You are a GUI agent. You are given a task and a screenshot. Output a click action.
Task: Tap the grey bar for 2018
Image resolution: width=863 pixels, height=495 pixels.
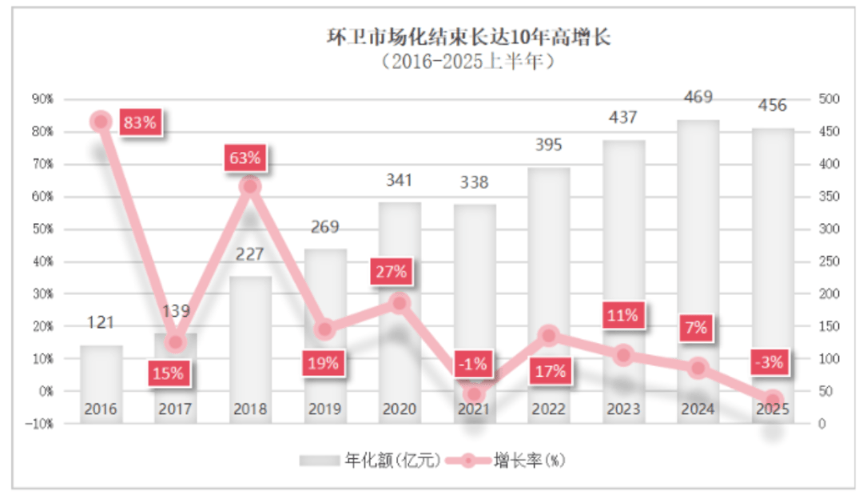click(250, 336)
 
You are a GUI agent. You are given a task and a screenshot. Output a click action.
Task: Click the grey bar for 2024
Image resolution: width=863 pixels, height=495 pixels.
click(698, 240)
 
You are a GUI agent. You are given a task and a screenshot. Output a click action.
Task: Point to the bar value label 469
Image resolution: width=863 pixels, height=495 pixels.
click(698, 98)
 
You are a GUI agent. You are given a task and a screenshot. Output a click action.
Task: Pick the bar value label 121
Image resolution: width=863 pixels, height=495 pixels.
click(101, 323)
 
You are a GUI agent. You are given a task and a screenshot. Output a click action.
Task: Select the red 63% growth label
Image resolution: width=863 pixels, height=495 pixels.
click(245, 158)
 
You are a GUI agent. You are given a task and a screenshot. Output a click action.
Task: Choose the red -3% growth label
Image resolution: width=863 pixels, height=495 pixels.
click(769, 362)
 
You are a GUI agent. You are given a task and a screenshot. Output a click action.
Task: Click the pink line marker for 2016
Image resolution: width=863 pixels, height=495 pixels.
click(101, 122)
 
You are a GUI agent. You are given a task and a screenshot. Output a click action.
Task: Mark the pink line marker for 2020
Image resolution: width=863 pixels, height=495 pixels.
click(400, 302)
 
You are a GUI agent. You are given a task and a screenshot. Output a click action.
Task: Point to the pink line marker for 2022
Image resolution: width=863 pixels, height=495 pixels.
click(548, 335)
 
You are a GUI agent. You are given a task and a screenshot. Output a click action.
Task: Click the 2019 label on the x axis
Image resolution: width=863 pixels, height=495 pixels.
click(324, 409)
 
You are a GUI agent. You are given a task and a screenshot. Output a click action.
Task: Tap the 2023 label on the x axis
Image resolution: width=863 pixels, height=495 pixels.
click(623, 409)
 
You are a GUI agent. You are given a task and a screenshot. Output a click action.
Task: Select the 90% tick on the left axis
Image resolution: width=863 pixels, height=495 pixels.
click(42, 99)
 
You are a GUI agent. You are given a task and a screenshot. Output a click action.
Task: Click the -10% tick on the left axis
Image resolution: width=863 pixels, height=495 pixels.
click(40, 424)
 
